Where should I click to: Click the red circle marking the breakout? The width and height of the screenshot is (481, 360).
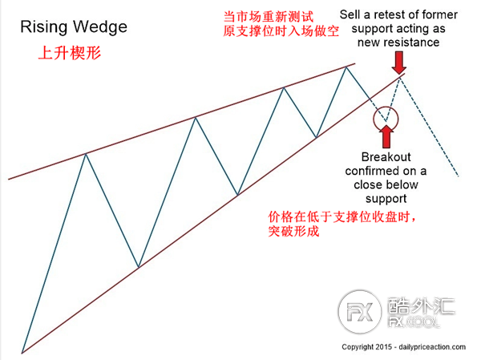click(x=386, y=118)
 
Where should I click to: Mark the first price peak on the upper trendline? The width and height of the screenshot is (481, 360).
click(x=86, y=153)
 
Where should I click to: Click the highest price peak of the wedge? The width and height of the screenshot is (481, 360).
click(x=348, y=67)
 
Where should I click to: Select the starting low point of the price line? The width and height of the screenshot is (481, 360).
click(x=22, y=353)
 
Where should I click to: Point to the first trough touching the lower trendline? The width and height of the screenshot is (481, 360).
click(x=139, y=267)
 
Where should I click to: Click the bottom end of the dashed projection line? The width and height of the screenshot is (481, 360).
click(x=458, y=177)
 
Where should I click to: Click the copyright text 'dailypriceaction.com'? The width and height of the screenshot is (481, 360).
click(x=430, y=348)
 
